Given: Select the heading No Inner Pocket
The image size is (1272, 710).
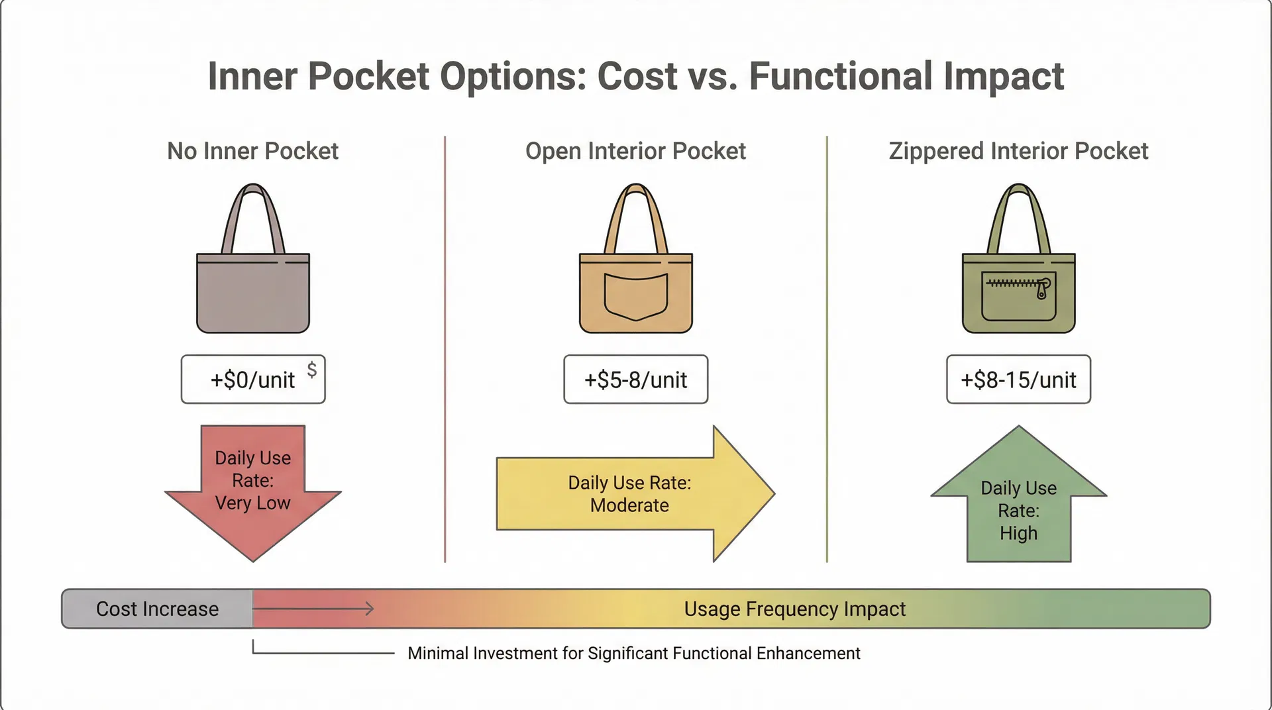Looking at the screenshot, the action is click(x=252, y=151).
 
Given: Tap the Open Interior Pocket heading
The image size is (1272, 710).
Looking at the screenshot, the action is click(x=635, y=151).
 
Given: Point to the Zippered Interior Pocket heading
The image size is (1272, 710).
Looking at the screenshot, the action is click(x=1018, y=151).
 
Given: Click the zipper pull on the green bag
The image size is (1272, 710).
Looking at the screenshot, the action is click(x=1043, y=288).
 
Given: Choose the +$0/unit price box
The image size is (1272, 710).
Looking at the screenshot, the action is click(x=253, y=380).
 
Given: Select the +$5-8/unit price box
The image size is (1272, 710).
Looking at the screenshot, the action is click(x=636, y=380).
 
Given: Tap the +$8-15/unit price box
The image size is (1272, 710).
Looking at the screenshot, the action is click(x=1018, y=380).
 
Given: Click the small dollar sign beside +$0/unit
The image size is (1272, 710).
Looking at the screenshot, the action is click(x=311, y=370).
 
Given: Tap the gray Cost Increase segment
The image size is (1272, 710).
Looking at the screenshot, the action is click(x=157, y=609).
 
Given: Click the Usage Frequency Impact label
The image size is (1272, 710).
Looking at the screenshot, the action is click(x=794, y=609).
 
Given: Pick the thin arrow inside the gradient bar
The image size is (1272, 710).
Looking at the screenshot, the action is click(x=313, y=609).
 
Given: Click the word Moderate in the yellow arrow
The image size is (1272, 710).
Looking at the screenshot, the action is click(x=629, y=505).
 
